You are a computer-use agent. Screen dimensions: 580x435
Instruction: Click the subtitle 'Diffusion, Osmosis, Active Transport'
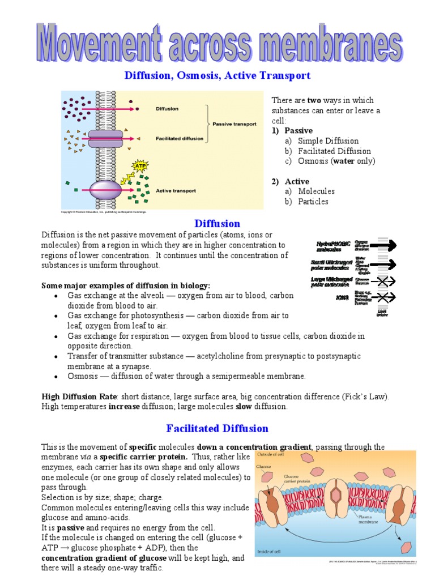tap(217, 75)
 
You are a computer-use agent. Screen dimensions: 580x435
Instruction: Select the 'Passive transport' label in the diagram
tap(233, 123)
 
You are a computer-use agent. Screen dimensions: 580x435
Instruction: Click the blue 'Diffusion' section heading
tap(217, 224)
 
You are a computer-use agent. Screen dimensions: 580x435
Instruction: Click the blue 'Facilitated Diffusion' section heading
tap(217, 428)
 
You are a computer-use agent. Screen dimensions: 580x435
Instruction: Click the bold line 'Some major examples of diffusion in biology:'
tap(126, 285)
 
